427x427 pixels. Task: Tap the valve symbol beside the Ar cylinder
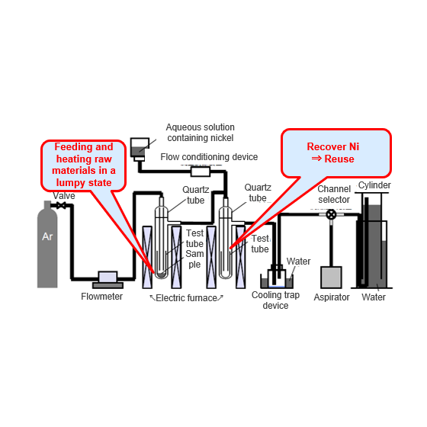pyautogui.click(x=62, y=205)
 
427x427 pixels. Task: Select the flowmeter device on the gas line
pyautogui.click(x=108, y=280)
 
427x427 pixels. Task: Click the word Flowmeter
pyautogui.click(x=102, y=297)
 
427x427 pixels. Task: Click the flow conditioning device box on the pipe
pyautogui.click(x=201, y=172)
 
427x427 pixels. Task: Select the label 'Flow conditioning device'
pyautogui.click(x=209, y=157)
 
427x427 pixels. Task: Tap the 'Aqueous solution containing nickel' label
pyautogui.click(x=201, y=133)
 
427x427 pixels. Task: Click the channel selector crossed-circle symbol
pyautogui.click(x=331, y=214)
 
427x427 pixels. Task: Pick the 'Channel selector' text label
pyautogui.click(x=334, y=194)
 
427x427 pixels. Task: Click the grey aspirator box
pyautogui.click(x=331, y=278)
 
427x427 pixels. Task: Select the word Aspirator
pyautogui.click(x=332, y=297)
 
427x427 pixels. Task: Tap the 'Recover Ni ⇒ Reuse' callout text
pyautogui.click(x=333, y=152)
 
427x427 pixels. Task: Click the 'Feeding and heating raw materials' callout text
pyautogui.click(x=84, y=165)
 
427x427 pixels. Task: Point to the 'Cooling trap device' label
pyautogui.click(x=275, y=300)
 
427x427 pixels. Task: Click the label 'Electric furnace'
pyautogui.click(x=186, y=298)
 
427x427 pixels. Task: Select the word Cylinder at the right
pyautogui.click(x=374, y=185)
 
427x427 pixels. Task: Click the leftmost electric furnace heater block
pyautogui.click(x=147, y=257)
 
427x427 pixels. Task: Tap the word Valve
pyautogui.click(x=64, y=195)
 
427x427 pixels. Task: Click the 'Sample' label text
pyautogui.click(x=194, y=259)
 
